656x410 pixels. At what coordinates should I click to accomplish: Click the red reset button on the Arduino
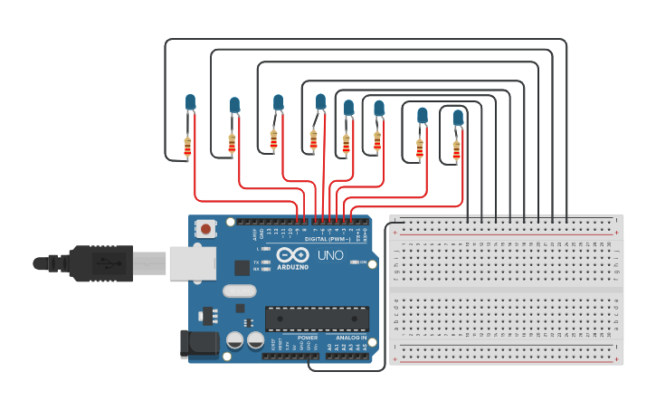coord(206,229)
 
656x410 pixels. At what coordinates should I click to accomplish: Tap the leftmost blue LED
coord(190,102)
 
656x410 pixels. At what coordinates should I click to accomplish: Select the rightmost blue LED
coord(458,118)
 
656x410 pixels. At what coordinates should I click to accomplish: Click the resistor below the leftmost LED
coord(187,147)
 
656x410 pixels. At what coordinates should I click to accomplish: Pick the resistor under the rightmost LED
coord(456,150)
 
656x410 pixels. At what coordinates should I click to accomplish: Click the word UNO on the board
coord(330,255)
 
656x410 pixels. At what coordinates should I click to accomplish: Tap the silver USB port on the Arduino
coord(191,263)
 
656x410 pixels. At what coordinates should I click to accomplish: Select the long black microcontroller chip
coord(317,319)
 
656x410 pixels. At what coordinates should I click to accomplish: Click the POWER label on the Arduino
coord(307,338)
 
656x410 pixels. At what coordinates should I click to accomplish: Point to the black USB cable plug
coord(100,263)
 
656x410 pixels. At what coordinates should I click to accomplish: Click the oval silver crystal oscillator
coord(239,291)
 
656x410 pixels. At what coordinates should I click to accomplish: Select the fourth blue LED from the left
coord(320,101)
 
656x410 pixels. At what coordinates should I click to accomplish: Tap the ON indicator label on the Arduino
coord(363,262)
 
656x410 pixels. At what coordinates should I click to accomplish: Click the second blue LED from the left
coord(234,105)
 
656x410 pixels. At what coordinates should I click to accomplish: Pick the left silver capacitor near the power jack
coord(234,341)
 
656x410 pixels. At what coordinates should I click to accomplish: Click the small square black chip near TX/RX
coord(242,267)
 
